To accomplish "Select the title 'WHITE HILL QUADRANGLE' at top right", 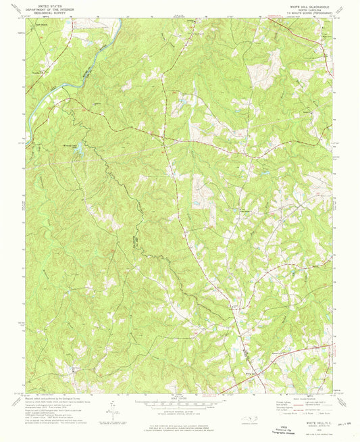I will click(x=310, y=4).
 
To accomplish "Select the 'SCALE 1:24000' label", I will click(x=179, y=399).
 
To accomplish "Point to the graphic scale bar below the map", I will click(x=179, y=403).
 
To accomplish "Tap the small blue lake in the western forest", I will click(x=80, y=149).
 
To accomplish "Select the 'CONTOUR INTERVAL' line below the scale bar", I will click(x=179, y=410).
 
